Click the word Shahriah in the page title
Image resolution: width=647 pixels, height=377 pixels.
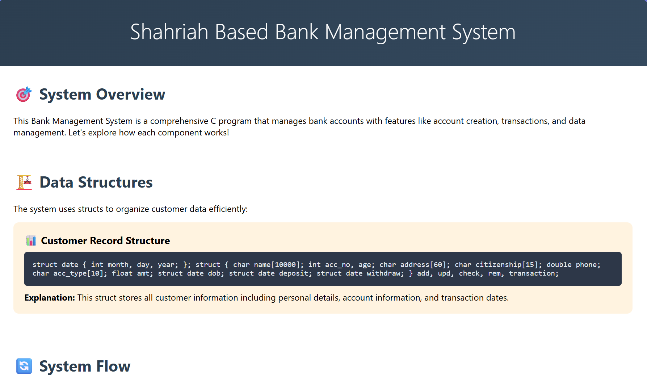pos(169,32)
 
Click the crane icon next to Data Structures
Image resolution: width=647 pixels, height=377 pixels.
pos(24,182)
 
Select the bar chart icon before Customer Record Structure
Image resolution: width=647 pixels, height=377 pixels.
pos(31,240)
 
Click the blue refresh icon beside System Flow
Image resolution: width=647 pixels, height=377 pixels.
pos(24,366)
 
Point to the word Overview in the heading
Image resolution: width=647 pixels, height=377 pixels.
pos(130,95)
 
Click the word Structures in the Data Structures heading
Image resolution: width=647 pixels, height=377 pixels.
pos(115,182)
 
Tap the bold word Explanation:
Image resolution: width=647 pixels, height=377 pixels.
pos(50,298)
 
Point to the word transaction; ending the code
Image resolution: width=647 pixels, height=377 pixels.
pos(534,273)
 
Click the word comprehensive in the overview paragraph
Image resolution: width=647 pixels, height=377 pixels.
pos(179,121)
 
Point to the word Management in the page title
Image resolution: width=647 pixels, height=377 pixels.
pos(385,32)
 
